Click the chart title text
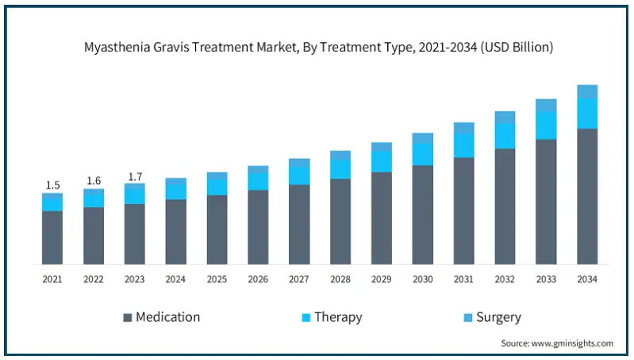click(x=318, y=48)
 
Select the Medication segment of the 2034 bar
click(x=587, y=197)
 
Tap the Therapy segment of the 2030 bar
click(x=422, y=155)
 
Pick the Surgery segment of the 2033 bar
click(x=546, y=105)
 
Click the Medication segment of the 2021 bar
click(x=52, y=238)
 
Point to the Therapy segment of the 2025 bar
click(x=217, y=187)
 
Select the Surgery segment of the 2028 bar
click(x=340, y=155)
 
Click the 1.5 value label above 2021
click(x=52, y=185)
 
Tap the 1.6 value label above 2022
click(x=94, y=181)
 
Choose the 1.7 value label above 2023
click(x=135, y=177)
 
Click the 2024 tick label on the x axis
click(x=175, y=279)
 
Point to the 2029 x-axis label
click(x=382, y=279)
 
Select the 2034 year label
click(x=587, y=279)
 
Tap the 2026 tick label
click(x=258, y=279)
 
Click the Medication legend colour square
click(x=128, y=317)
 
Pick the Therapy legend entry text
click(x=339, y=317)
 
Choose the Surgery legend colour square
click(x=468, y=317)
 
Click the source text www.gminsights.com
click(x=572, y=343)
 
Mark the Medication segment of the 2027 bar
click(x=299, y=224)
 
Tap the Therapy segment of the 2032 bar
click(x=505, y=136)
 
